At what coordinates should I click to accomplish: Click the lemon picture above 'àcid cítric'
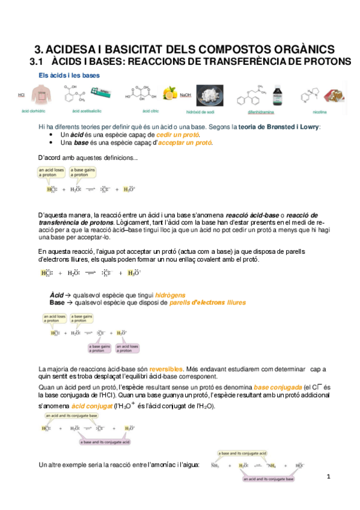pyautogui.click(x=169, y=94)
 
